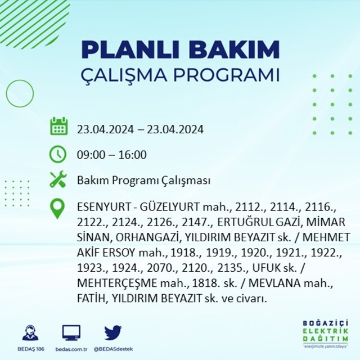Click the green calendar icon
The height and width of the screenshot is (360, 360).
tap(58, 126)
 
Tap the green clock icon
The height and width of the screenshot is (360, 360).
tap(58, 154)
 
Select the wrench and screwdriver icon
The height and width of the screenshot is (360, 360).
tap(58, 179)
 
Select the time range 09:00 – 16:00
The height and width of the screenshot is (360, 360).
tap(112, 155)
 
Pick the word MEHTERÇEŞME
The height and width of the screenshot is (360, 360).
tap(117, 283)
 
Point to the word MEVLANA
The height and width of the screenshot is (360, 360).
tap(274, 283)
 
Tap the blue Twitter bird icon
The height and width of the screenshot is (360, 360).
tap(113, 332)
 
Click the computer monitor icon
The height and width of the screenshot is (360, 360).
tap(71, 332)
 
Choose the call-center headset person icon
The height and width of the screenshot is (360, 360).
tap(30, 332)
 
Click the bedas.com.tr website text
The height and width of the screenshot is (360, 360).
tap(71, 349)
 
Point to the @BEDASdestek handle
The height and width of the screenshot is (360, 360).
tap(113, 349)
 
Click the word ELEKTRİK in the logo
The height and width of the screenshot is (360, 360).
tap(325, 331)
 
